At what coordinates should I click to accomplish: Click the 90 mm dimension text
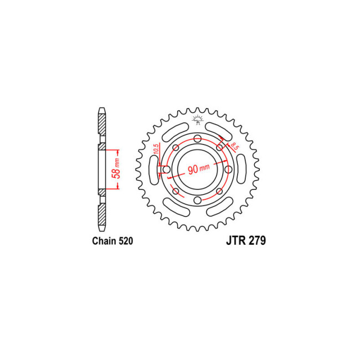pos(199,169)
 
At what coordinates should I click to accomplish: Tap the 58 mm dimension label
pos(116,168)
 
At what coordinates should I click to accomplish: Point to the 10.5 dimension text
pos(156,149)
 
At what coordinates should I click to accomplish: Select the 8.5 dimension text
pos(234,146)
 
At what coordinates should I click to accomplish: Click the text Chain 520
pos(112,241)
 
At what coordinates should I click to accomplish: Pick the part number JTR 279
pos(246,240)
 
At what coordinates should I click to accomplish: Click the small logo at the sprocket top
pos(198,120)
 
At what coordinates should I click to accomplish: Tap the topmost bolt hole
pos(198,138)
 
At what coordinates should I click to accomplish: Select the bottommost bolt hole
pos(198,200)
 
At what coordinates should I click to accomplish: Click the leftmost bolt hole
pos(167,169)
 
